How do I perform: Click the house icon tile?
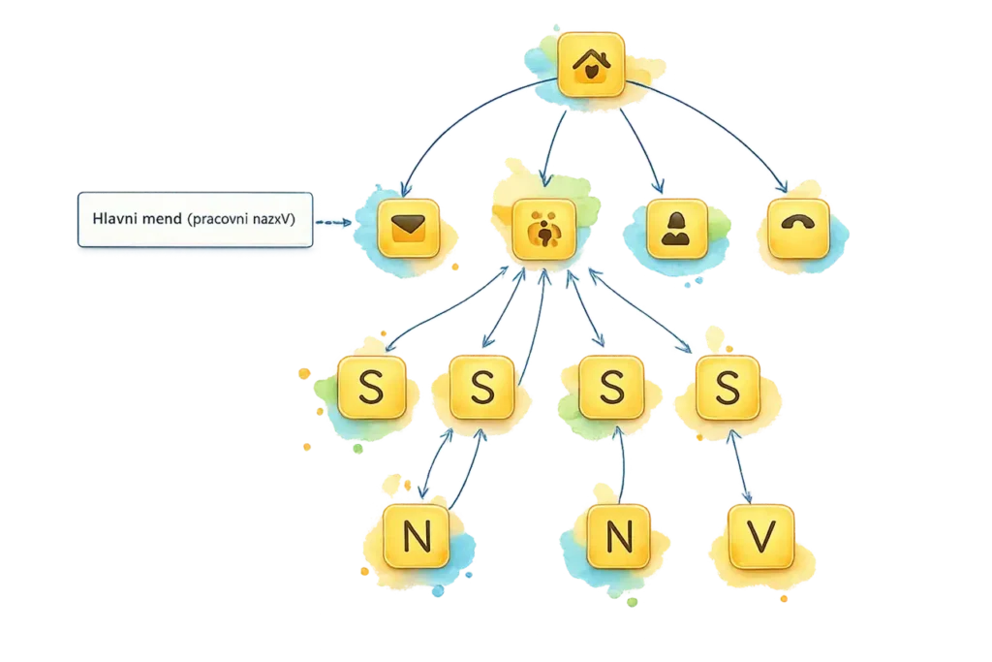pyautogui.click(x=591, y=65)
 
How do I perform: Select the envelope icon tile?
pyautogui.click(x=408, y=229)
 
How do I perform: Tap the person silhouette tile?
pyautogui.click(x=677, y=229)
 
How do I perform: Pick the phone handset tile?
pyautogui.click(x=798, y=229)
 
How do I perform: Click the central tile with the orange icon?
pyautogui.click(x=544, y=229)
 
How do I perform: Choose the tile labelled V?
pyautogui.click(x=761, y=537)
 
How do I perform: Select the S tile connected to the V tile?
pyautogui.click(x=728, y=388)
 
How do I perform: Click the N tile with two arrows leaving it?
pyautogui.click(x=417, y=536)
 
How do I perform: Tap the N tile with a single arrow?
pyautogui.click(x=619, y=537)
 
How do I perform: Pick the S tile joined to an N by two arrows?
pyautogui.click(x=482, y=388)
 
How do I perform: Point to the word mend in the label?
pyautogui.click(x=162, y=220)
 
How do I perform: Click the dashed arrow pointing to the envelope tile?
pyautogui.click(x=333, y=222)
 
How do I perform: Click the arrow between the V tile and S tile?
pyautogui.click(x=740, y=466)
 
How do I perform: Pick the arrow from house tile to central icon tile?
pyautogui.click(x=552, y=148)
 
